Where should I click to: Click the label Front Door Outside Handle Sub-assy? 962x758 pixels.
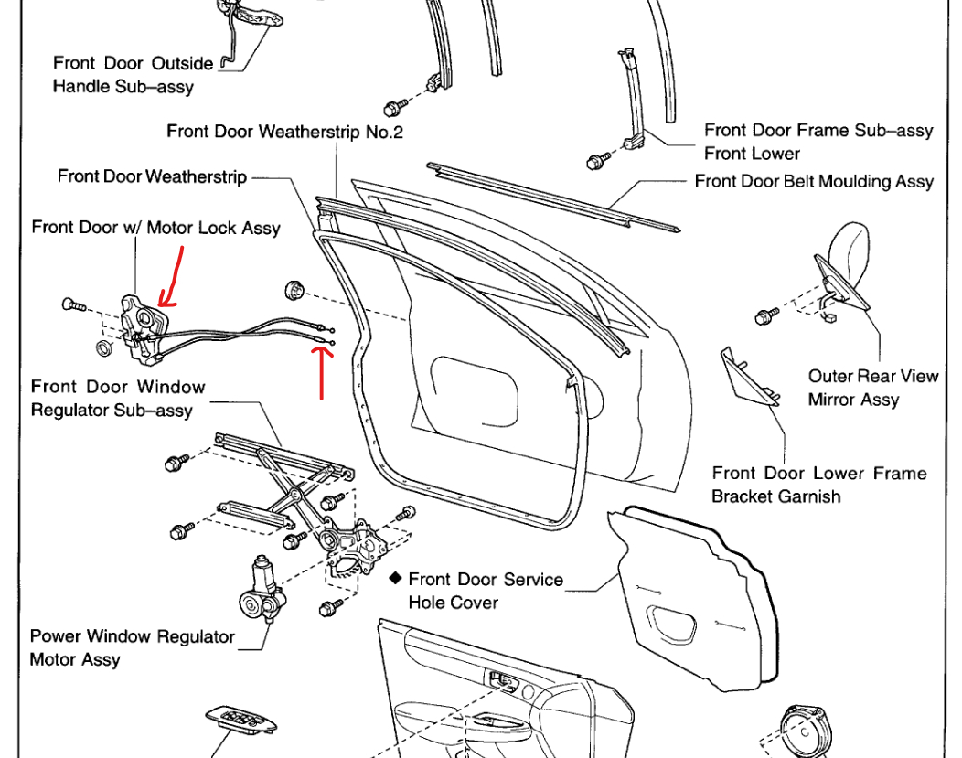pos(133,75)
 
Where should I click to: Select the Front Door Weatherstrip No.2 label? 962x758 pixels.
pos(284,132)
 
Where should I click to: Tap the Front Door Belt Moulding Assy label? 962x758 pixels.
pos(814,181)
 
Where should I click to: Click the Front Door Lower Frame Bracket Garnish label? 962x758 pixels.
pos(819,485)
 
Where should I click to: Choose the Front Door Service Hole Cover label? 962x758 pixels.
pos(485,591)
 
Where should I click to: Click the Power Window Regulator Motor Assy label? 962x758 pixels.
pos(133,647)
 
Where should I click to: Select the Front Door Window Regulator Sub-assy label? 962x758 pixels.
pos(118,399)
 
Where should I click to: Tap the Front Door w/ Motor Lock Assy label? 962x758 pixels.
pos(155,227)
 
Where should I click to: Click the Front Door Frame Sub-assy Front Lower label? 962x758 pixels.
pos(818,142)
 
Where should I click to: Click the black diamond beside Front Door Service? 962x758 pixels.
pos(395,579)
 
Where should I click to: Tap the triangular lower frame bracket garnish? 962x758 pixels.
pos(749,375)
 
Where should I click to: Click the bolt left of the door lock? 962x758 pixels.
pos(71,304)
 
